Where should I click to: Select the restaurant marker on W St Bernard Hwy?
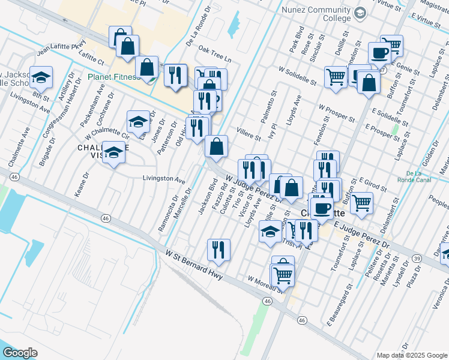click(218, 250)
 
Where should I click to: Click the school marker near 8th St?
click(41, 78)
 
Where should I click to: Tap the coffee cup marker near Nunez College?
click(379, 53)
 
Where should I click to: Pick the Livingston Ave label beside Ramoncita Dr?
click(163, 179)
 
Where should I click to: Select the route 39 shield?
click(417, 257)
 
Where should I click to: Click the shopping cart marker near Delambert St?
click(361, 203)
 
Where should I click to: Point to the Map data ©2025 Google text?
click(412, 355)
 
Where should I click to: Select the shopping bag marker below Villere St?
click(216, 146)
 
